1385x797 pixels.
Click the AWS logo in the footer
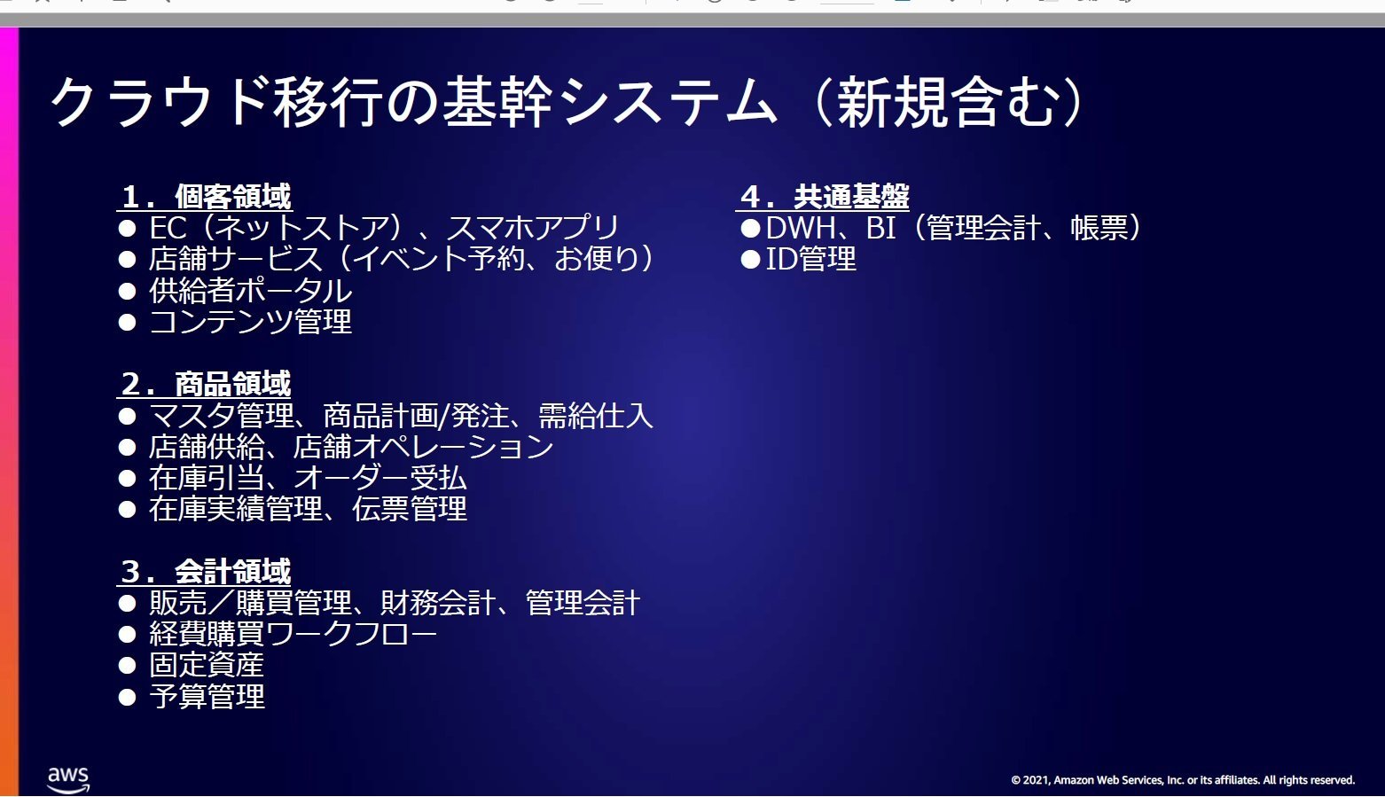coord(68,779)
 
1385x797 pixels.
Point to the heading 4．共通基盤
coord(825,197)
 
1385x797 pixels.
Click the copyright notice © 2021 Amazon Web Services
coord(1182,779)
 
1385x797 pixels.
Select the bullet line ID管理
coord(810,259)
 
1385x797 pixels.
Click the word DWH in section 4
coord(801,228)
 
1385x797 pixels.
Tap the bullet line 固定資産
coord(206,665)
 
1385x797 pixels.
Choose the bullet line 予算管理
coord(207,697)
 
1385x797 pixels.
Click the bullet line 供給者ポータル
coord(250,291)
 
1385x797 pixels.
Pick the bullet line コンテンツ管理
coord(250,322)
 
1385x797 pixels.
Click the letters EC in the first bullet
coord(168,228)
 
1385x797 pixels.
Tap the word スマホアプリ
coord(532,228)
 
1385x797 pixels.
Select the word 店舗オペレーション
coord(423,447)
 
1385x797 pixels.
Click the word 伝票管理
coord(409,509)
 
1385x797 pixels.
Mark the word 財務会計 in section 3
coord(437,603)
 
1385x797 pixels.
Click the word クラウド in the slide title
coord(160,101)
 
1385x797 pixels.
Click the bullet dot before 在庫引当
coord(128,478)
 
